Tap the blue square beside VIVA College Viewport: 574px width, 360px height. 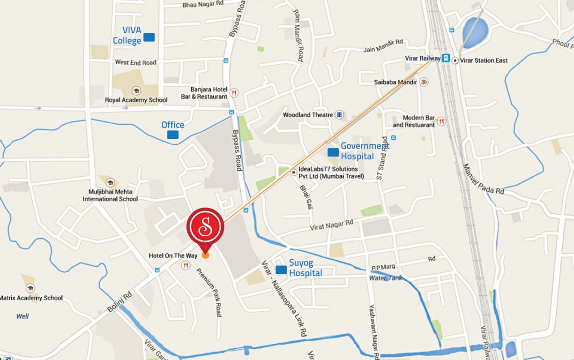click(x=149, y=37)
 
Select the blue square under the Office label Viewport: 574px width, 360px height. click(x=173, y=135)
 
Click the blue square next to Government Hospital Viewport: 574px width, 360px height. click(x=333, y=152)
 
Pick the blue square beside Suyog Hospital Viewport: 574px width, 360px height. click(x=281, y=270)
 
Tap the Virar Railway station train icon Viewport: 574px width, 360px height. click(x=446, y=59)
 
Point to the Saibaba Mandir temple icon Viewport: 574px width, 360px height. click(x=424, y=82)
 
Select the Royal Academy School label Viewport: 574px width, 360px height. click(x=136, y=100)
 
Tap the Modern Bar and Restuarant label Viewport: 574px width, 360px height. click(x=414, y=121)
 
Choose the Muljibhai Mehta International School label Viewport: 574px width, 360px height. click(x=110, y=195)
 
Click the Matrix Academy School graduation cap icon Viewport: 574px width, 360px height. click(x=30, y=288)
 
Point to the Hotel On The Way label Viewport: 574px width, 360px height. click(x=173, y=255)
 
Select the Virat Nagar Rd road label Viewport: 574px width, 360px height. click(x=331, y=225)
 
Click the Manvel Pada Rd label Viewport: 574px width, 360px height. click(x=483, y=179)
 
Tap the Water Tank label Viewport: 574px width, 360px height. click(x=386, y=278)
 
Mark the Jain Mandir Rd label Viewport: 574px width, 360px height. click(x=383, y=45)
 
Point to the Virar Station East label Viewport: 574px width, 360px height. click(x=484, y=60)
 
